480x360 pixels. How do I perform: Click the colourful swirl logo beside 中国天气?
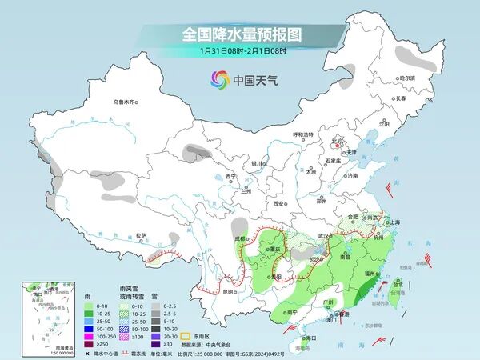(219, 79)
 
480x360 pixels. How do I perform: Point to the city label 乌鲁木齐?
(126, 102)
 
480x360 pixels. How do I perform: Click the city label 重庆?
(277, 250)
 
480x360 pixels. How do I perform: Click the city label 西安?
(278, 204)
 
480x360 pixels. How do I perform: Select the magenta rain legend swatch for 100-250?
(79, 336)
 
